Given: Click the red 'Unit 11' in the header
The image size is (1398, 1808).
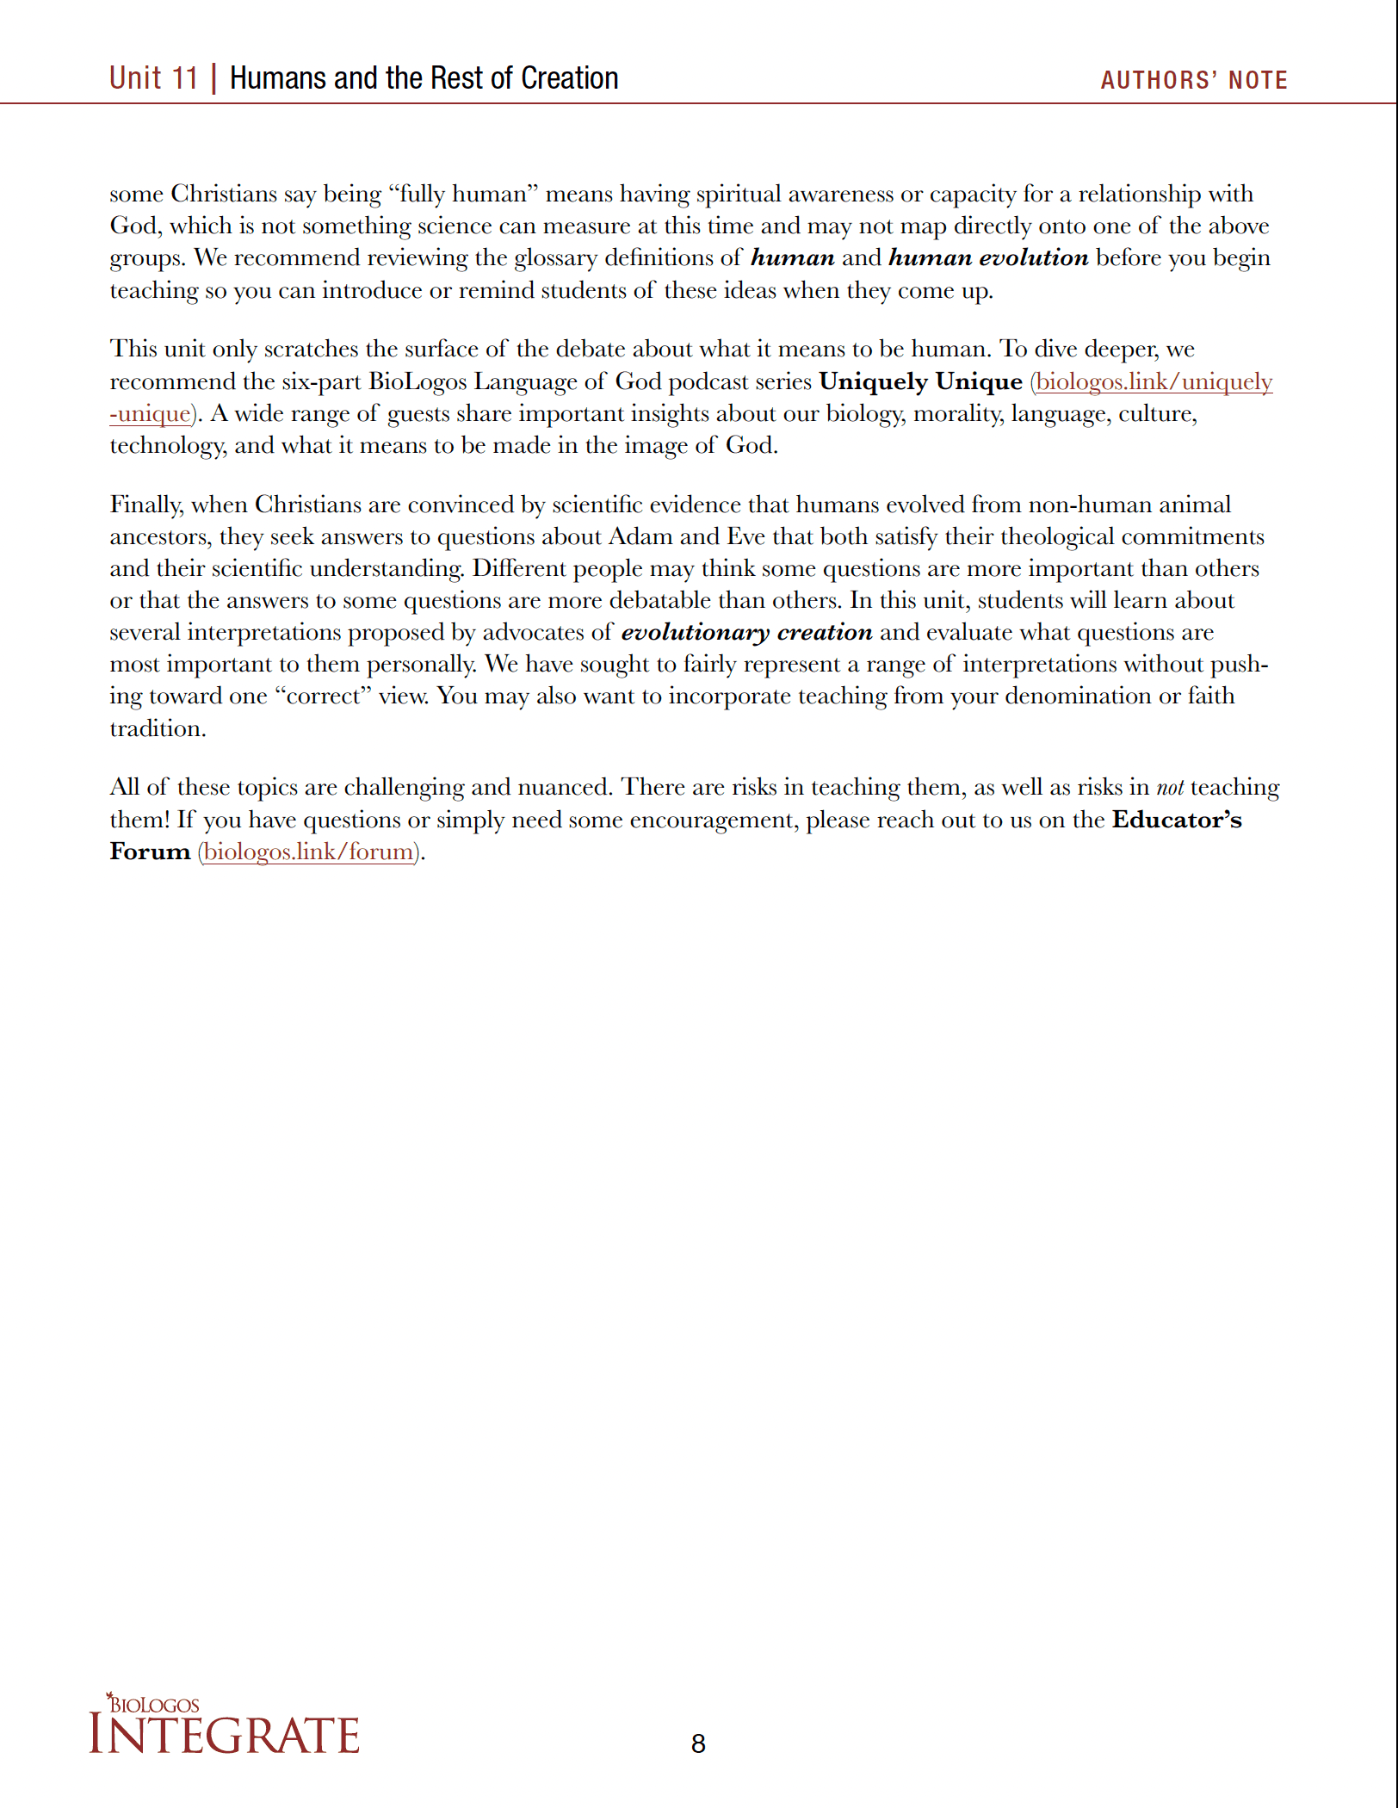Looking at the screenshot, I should point(153,78).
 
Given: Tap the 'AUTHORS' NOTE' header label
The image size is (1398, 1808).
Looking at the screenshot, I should point(1193,80).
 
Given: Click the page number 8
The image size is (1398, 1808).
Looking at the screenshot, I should point(698,1743).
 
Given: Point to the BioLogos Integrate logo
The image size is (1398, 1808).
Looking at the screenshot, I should point(224,1725).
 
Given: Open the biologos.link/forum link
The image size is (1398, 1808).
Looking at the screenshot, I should point(309,851).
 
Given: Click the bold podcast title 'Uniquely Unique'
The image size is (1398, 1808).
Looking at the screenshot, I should point(920,381).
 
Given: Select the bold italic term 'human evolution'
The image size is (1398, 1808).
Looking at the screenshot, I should point(988,257).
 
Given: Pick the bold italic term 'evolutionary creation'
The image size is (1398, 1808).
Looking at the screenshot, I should point(746,632).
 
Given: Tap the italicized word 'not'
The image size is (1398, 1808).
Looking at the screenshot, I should point(1169,787).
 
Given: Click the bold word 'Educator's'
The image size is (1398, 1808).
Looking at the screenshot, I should point(1177,820).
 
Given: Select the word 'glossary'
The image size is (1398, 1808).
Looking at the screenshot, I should point(555,257).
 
